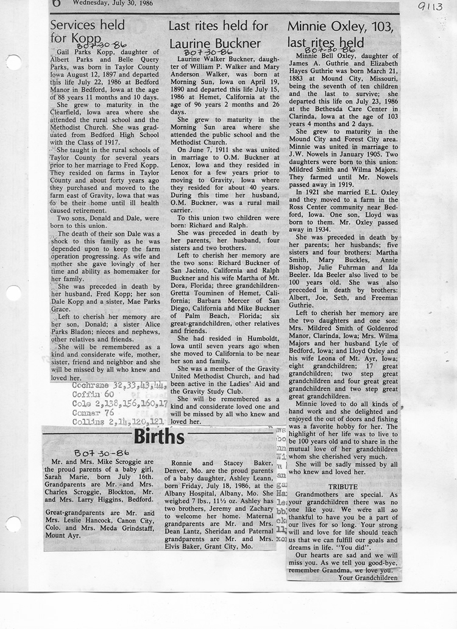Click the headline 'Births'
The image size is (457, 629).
coord(159,437)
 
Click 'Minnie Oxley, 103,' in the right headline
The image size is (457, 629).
coord(340,26)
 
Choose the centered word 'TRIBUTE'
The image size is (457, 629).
coord(343,487)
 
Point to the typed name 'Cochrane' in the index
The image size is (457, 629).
coord(91,386)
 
